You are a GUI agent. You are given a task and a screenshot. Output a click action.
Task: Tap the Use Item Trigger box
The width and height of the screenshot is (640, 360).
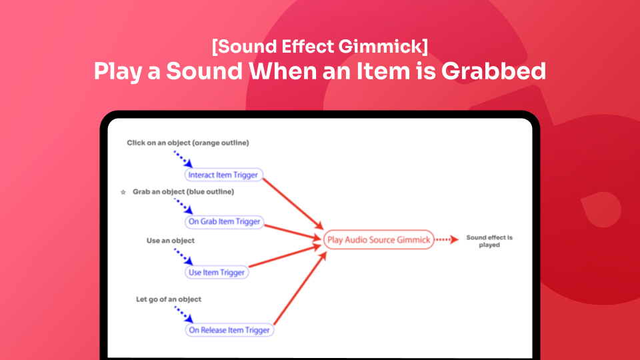click(x=216, y=272)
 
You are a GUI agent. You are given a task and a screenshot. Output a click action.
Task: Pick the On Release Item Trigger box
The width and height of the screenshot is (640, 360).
click(x=230, y=330)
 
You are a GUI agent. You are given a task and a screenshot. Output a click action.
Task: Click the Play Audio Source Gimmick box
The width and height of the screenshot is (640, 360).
click(x=379, y=240)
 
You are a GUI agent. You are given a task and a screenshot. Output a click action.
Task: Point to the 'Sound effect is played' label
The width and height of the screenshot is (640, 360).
click(x=489, y=241)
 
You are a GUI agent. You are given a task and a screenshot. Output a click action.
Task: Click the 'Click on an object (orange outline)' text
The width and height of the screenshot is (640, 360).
click(x=188, y=143)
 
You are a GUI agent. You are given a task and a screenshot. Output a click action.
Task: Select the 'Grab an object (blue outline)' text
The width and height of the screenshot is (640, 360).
click(x=183, y=192)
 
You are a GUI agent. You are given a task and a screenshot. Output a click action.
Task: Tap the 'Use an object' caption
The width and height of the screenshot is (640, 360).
click(x=171, y=240)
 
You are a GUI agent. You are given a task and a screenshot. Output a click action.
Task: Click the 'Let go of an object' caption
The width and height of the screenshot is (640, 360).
click(x=169, y=299)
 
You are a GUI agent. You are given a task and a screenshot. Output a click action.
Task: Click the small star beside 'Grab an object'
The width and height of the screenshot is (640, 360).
click(x=123, y=193)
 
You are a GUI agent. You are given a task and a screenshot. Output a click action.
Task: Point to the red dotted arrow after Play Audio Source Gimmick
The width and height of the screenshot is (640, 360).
click(x=449, y=240)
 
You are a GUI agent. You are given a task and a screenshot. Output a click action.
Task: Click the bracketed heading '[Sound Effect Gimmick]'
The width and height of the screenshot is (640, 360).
click(x=319, y=47)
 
